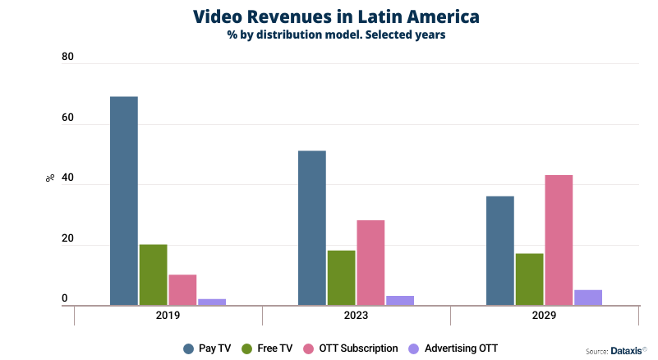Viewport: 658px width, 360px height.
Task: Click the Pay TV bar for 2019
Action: coord(124,201)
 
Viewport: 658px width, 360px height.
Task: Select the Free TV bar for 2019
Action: coord(153,275)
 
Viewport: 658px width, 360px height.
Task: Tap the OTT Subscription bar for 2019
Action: coord(182,289)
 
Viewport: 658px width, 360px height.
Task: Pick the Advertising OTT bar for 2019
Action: coord(212,302)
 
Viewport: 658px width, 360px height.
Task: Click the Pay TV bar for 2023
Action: coord(312,228)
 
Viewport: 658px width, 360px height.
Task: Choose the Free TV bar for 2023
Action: coord(341,278)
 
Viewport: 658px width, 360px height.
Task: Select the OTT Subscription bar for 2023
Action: coord(370,263)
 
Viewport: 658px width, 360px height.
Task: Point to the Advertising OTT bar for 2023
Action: coord(400,301)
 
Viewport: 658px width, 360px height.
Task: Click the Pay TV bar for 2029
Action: coord(500,251)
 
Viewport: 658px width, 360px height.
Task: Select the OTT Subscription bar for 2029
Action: coord(559,240)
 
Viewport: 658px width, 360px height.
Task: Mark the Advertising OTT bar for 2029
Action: coord(588,298)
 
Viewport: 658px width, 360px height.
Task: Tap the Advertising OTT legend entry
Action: coord(453,348)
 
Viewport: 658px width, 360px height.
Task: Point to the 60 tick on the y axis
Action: coord(67,118)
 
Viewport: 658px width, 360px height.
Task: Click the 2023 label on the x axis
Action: coord(356,316)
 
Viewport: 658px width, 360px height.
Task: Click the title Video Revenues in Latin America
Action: coord(336,16)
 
